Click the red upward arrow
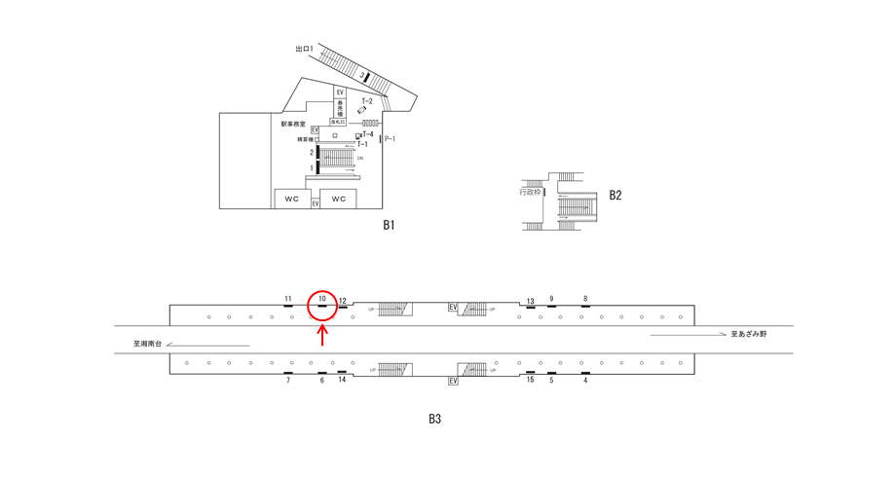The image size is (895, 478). pos(323,335)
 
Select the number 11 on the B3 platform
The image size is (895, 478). pos(288,298)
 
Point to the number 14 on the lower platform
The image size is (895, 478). pos(342,380)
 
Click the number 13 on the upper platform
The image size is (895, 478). pos(531,301)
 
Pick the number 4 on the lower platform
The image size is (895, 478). pos(585,380)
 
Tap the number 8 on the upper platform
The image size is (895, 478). pos(585,298)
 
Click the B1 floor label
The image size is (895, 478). pos(388,225)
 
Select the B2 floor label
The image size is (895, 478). pos(615,195)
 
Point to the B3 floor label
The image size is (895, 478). pos(434,420)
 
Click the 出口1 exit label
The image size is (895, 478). pos(305,48)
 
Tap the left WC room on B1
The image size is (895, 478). pos(292,199)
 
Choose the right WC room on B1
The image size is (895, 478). pos(339,199)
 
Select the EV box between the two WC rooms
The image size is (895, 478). pos(316,202)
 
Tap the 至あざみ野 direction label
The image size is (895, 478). pos(750,334)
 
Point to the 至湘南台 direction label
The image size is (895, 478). pos(151,343)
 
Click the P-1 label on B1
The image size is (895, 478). pos(390,139)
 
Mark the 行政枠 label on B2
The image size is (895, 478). pos(530,192)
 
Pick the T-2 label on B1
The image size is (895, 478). pos(367,101)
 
